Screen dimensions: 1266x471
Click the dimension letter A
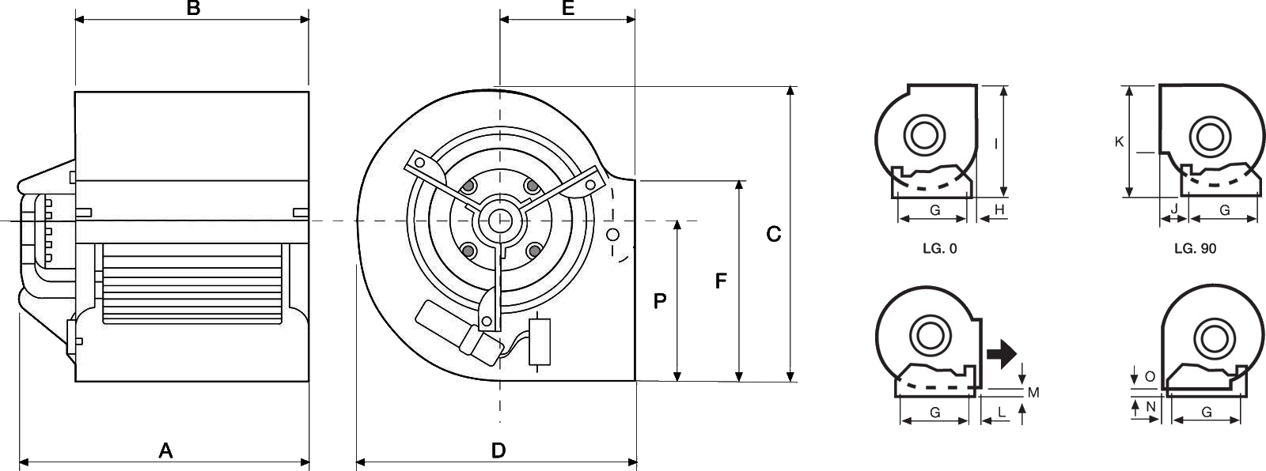point(165,450)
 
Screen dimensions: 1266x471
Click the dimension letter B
point(193,8)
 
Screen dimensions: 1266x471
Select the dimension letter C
point(773,234)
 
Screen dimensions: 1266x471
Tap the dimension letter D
point(498,450)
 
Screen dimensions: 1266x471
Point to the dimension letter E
point(568,8)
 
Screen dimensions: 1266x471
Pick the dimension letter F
point(721,281)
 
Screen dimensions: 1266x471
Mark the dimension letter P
point(660,301)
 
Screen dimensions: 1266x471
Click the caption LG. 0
point(940,248)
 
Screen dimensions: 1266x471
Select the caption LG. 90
point(1195,248)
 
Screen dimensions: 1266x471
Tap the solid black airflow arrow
point(1002,354)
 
